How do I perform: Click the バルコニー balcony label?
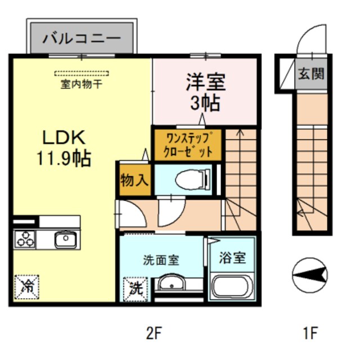pyautogui.click(x=82, y=39)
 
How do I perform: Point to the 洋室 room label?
pyautogui.click(x=206, y=83)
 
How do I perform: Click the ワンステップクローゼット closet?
pyautogui.click(x=188, y=145)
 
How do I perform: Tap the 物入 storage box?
pyautogui.click(x=134, y=180)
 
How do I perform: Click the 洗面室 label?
pyautogui.click(x=161, y=260)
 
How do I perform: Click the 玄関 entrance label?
pyautogui.click(x=311, y=73)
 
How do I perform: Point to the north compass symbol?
pyautogui.click(x=310, y=274)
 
